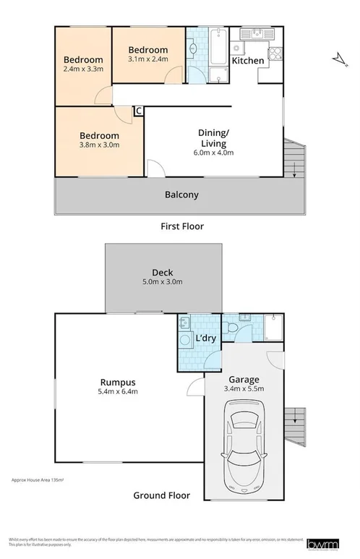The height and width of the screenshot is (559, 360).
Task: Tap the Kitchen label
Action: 247,61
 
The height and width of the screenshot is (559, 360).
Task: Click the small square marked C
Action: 139,111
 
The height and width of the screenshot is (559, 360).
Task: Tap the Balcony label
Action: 181,195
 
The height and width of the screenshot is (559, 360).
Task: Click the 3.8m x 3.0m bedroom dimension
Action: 99,145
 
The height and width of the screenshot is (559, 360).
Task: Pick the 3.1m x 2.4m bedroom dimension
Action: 148,59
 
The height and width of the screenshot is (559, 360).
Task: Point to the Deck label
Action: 162,272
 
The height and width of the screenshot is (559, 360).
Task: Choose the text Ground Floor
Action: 161,496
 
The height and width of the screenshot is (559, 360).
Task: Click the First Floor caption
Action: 181,226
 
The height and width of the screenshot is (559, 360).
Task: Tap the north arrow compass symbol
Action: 337,58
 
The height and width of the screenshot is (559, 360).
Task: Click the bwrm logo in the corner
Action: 320,544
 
